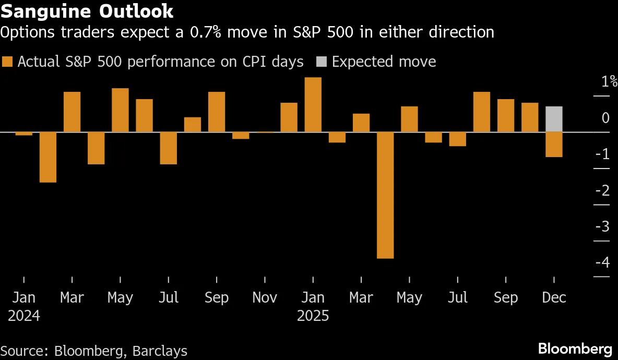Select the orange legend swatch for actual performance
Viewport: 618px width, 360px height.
coord(7,62)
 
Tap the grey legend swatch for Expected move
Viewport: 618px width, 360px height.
coord(321,62)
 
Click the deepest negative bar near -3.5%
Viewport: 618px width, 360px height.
coord(385,195)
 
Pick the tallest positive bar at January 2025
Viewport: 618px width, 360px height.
coord(313,104)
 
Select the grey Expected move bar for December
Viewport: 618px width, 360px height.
coord(554,119)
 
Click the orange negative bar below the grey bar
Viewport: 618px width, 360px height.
coord(554,145)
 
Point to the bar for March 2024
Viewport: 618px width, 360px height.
coord(72,112)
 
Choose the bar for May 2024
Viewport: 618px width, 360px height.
coord(120,110)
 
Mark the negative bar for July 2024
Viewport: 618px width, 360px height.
coord(168,148)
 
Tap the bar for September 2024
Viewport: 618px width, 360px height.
coord(217,112)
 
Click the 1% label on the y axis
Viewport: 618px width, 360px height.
coord(609,82)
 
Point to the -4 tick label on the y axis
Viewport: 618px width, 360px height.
coord(603,262)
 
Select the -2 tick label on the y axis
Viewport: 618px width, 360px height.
coord(603,190)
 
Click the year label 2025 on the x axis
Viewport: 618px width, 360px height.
coord(313,316)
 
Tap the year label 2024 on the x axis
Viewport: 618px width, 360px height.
coord(24,316)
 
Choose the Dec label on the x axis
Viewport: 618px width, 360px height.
coord(554,297)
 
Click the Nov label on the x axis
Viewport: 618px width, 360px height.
coord(265,297)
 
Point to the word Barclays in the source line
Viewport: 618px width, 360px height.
coord(159,351)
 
